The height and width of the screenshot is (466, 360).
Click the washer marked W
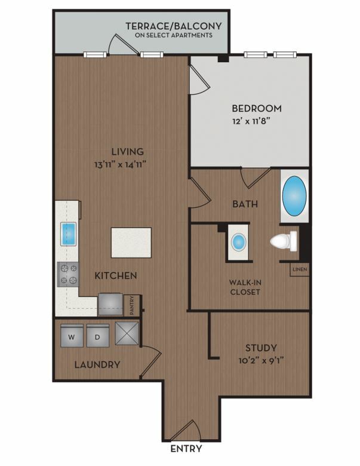(x=72, y=336)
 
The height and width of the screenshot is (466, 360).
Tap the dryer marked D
(x=98, y=336)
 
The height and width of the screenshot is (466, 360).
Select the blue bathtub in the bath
(x=294, y=196)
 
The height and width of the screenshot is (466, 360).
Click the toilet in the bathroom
(x=284, y=241)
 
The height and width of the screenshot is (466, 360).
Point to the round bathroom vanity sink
(x=239, y=241)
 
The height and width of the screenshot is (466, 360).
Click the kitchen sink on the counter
(x=68, y=234)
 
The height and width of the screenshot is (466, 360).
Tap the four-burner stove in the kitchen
(x=68, y=274)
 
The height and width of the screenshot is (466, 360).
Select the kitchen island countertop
(x=131, y=243)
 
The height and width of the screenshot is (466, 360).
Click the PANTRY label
(x=131, y=305)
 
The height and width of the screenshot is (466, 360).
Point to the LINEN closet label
(x=300, y=269)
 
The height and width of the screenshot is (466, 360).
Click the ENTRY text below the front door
(x=186, y=449)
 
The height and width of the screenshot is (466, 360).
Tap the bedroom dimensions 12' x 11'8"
(x=251, y=121)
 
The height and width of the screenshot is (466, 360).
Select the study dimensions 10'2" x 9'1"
(x=261, y=361)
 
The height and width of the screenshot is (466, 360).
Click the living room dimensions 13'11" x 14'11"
(x=121, y=164)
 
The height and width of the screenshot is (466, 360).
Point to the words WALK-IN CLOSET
(x=245, y=287)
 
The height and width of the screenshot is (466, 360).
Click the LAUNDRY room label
(x=97, y=364)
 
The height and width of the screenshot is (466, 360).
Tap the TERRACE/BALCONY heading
(x=174, y=26)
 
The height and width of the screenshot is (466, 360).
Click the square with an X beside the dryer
(x=127, y=333)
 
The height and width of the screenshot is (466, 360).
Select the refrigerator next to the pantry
(x=110, y=304)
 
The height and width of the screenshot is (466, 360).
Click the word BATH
(x=245, y=204)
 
